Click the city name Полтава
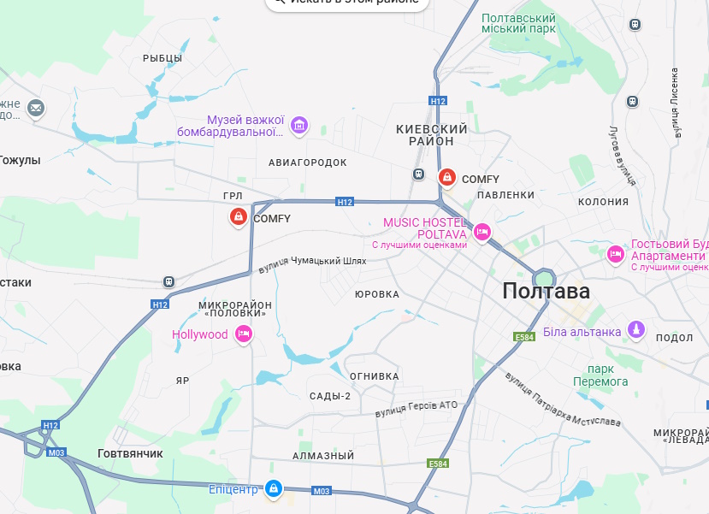[x=546, y=291]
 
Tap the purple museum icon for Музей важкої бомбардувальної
[x=299, y=126]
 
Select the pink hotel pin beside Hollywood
[x=244, y=334]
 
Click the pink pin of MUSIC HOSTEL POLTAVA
[x=482, y=231]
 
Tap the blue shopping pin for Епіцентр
[x=273, y=489]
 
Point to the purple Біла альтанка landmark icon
[x=635, y=329]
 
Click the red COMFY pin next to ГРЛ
[x=239, y=217]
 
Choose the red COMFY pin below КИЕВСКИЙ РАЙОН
[x=446, y=178]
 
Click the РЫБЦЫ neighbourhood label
[x=162, y=58]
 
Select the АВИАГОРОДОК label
[x=307, y=162]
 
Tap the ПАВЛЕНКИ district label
[x=505, y=195]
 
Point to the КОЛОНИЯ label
[x=603, y=202]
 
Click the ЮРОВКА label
[x=376, y=294]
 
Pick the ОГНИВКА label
[x=375, y=375]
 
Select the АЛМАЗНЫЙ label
[x=323, y=456]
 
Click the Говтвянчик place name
[x=130, y=453]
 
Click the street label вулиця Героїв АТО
[x=417, y=409]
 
